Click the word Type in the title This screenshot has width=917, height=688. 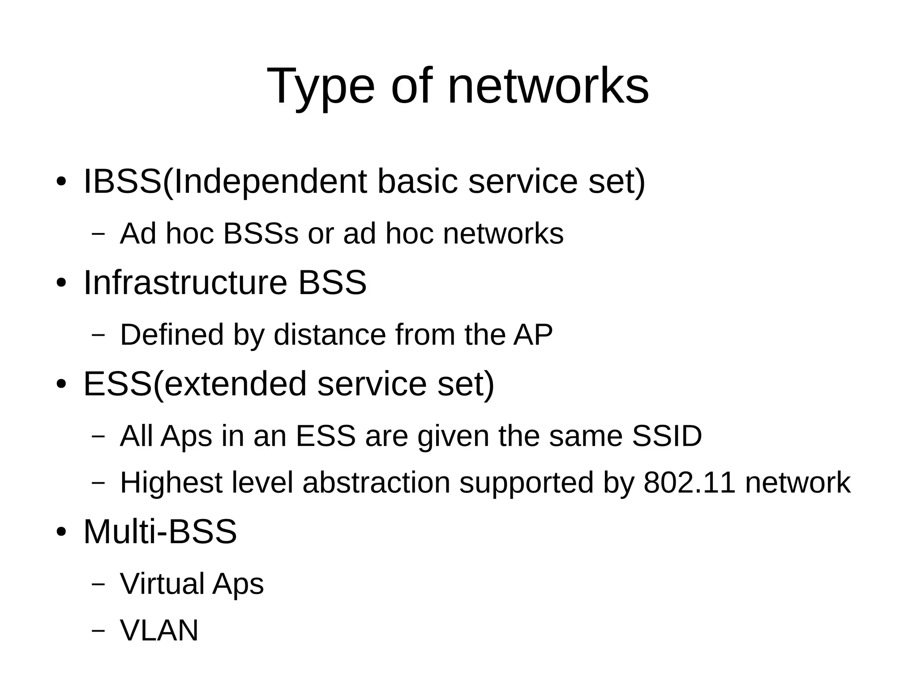coord(320,87)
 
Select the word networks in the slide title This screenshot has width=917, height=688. coord(548,86)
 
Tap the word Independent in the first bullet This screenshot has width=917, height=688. coord(270,182)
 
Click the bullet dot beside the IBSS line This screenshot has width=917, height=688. coord(61,182)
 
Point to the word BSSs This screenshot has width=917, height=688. coord(260,234)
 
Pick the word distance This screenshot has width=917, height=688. coord(329,334)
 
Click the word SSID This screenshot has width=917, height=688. coord(666,436)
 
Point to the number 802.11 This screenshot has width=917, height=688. coord(689,483)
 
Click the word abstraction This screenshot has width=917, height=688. coord(376,483)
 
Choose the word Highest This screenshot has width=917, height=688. coord(171,483)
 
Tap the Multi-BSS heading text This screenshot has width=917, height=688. coord(160,532)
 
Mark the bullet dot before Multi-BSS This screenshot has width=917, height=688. coord(61,532)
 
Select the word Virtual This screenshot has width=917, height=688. coord(162,584)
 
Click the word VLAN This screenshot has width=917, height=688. coord(159,630)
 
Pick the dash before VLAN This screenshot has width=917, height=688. coord(98,631)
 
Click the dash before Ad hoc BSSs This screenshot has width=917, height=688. coord(98,234)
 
